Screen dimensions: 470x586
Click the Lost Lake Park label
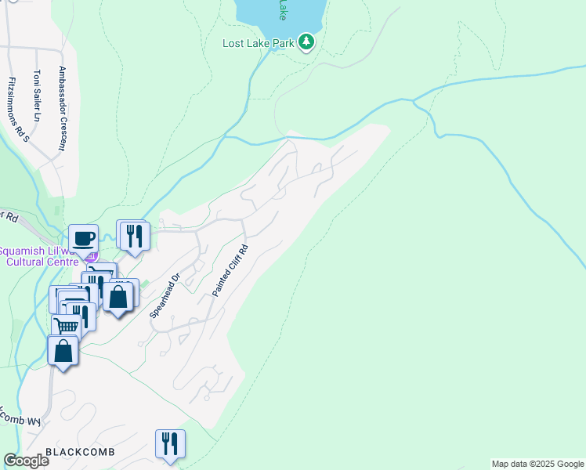coord(259,43)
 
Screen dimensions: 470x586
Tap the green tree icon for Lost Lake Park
coord(307,42)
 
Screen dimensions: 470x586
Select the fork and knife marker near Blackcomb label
coord(170,444)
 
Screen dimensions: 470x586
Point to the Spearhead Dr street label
coord(165,295)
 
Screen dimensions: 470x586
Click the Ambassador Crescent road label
coord(61,108)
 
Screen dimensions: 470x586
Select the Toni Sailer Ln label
coord(36,96)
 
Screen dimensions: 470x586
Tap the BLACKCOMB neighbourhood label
coord(81,453)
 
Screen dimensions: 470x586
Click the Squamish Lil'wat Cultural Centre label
coord(43,255)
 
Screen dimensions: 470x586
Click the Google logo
coord(26,461)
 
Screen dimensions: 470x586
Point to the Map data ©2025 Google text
coord(537,464)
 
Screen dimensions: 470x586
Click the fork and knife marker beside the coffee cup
coord(133,234)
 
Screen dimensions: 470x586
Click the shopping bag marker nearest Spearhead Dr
coord(118,298)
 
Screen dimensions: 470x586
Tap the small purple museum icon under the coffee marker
coord(92,256)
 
